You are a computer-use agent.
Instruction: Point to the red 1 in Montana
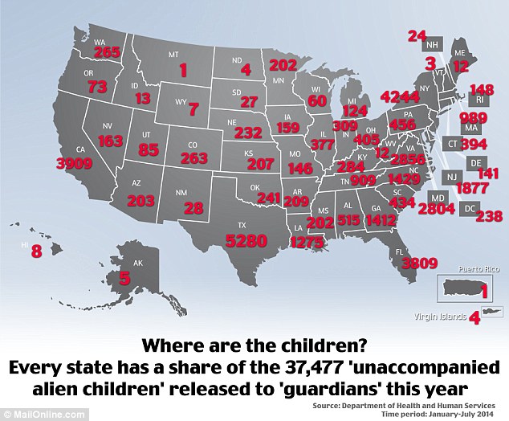183,70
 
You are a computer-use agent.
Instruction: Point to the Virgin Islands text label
440,317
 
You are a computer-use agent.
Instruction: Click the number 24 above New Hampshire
417,35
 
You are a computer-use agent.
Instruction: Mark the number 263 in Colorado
193,158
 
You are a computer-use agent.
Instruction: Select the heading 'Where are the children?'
254,347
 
